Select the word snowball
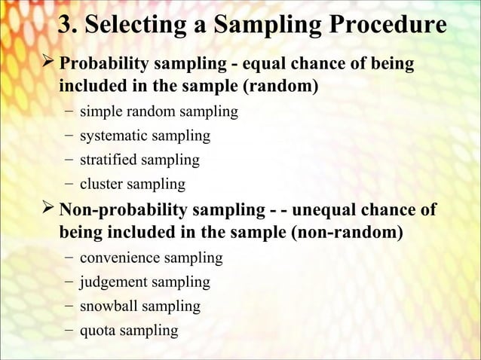[108, 306]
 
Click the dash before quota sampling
[69, 330]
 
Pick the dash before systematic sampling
[69, 136]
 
